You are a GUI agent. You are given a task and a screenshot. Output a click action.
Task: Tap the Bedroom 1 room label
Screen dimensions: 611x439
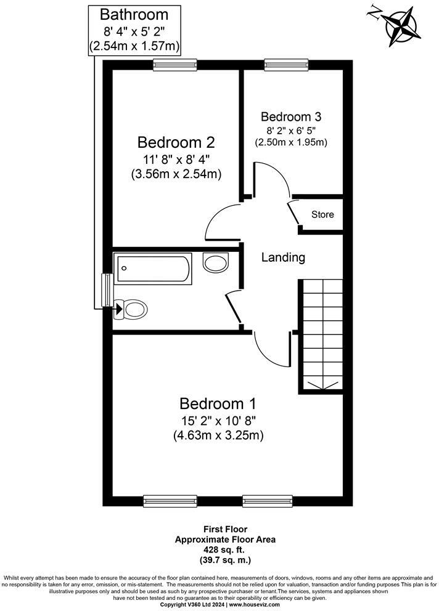tap(217, 404)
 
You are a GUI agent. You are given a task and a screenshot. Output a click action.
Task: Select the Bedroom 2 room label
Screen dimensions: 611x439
tap(176, 143)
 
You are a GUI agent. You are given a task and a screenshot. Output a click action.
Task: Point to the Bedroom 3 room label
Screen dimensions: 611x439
tap(291, 116)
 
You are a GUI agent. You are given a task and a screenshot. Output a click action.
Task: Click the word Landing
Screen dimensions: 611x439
tap(283, 257)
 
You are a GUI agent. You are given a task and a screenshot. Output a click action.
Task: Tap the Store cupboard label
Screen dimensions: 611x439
tap(322, 214)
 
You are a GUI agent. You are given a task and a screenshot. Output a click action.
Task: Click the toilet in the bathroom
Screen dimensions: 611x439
tap(131, 309)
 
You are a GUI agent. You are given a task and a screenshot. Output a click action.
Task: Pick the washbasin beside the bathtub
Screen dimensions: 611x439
tap(216, 263)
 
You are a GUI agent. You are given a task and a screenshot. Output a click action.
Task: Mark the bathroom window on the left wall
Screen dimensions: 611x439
tap(107, 291)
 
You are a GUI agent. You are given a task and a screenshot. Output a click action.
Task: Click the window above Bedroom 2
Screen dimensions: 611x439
tap(175, 63)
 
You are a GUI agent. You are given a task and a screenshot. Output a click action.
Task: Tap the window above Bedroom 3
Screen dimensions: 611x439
tap(286, 63)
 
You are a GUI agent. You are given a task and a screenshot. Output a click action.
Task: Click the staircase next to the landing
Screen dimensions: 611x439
tap(321, 336)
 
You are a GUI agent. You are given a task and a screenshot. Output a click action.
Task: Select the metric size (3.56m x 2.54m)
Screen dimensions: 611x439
tap(176, 174)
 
